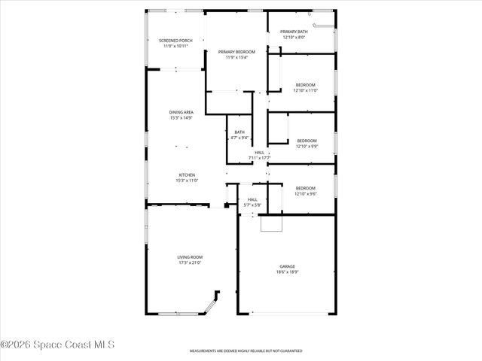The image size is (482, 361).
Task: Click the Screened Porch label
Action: pos(175,40)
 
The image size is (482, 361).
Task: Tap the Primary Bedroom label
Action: pos(236,51)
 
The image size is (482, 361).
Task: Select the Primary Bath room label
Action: pos(294,32)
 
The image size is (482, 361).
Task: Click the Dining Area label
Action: pos(181,112)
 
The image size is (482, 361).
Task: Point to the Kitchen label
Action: pos(187,175)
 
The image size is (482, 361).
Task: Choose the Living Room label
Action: pos(190,256)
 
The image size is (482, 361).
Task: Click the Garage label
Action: pos(287,265)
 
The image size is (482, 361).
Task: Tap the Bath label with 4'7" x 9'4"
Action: pos(239,132)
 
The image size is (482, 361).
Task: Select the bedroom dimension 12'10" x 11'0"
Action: pos(305,90)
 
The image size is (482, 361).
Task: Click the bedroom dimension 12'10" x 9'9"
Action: pos(306,146)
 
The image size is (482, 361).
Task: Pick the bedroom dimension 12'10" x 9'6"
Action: pos(305,194)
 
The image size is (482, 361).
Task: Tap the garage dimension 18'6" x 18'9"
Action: pos(287,272)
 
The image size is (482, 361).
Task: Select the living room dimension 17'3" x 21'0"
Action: pos(190,262)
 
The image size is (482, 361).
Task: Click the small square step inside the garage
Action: pos(270,223)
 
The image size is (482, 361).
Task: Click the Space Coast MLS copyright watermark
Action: pos(57,344)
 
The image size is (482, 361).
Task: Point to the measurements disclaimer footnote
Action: pos(246,351)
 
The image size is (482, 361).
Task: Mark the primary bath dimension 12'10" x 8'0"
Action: pos(294,37)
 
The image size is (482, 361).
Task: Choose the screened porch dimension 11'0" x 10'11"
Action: pos(175,46)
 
